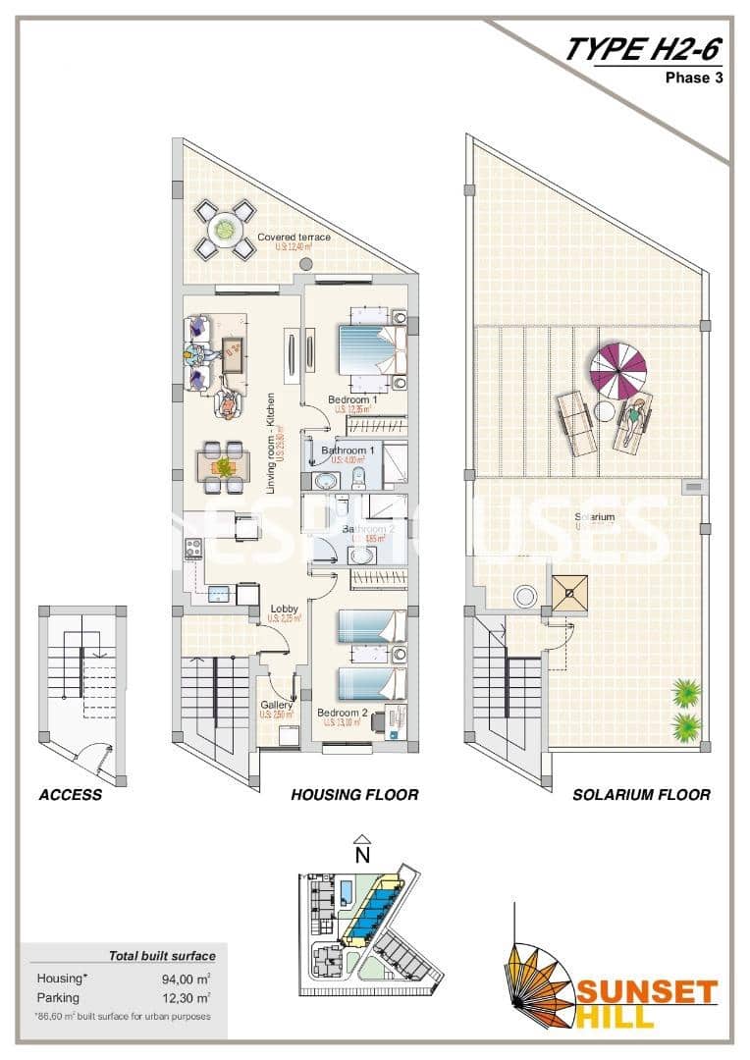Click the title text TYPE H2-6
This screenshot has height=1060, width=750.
click(643, 49)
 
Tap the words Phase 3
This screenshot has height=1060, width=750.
click(694, 79)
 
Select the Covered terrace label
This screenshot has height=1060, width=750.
click(294, 238)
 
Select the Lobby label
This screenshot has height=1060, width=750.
click(284, 609)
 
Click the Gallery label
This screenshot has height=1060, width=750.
click(276, 705)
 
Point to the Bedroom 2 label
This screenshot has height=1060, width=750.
click(342, 713)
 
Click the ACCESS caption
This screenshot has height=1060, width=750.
click(70, 795)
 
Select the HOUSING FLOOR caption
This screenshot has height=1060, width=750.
click(354, 795)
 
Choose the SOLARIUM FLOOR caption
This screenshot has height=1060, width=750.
click(641, 795)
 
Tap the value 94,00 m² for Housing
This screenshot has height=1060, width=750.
click(187, 979)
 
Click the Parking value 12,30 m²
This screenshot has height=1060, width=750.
click(187, 997)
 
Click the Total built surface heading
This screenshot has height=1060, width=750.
click(162, 955)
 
